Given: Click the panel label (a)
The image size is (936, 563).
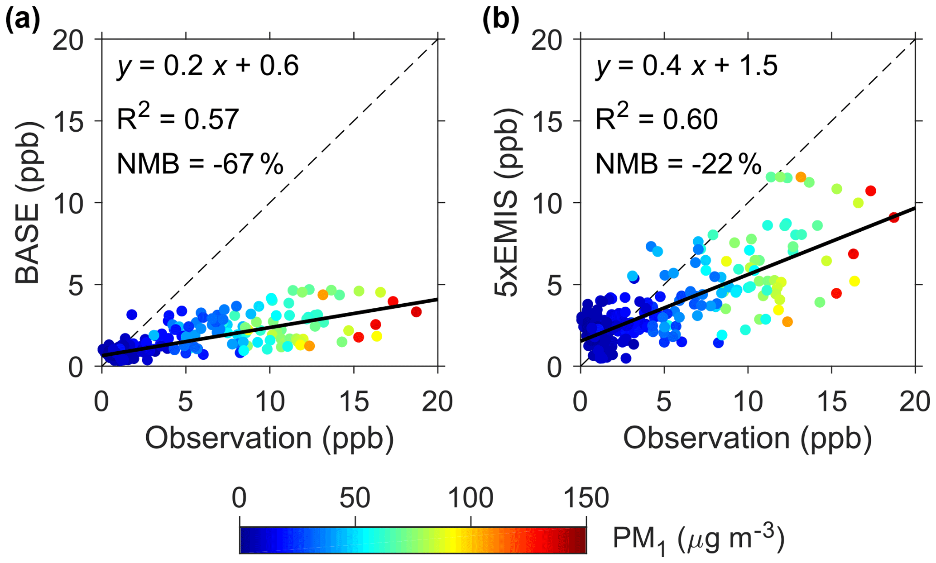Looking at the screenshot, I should pos(23,20).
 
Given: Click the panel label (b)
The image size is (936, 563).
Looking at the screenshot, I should pos(500,20).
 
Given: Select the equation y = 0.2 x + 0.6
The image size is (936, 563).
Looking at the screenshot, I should pos(208,66).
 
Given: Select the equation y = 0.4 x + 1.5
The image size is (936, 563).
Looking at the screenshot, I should pos(686,66).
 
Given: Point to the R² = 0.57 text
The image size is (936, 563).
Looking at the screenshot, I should pos(178,119).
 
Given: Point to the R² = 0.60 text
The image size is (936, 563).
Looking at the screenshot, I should pos(656,119).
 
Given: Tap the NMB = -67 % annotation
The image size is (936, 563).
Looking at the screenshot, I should pos(200,164).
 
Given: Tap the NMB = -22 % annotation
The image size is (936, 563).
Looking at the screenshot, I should pos(678,164).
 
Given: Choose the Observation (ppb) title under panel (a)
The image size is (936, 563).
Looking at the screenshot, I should pos(269,438).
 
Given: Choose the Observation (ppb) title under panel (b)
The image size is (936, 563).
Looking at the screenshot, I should pos(748,438).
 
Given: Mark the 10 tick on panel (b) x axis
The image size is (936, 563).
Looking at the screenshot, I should pos(748,402).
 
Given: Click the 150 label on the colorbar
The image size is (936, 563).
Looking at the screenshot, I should pos(586,498).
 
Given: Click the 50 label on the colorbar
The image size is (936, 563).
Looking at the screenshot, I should pos(355,498).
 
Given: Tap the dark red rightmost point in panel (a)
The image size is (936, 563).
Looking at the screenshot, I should pos(416,312).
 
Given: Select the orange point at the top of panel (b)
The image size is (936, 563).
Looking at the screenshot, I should pos(801,177).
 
